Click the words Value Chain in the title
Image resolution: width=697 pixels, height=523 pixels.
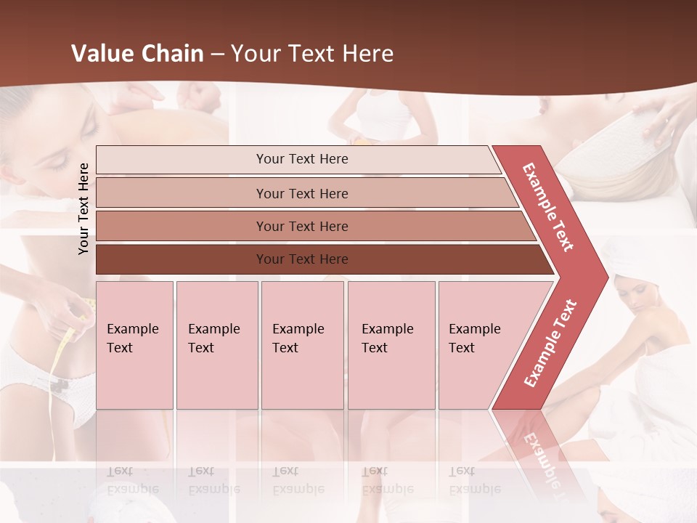(137, 54)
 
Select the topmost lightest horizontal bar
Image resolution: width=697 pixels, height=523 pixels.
(298, 160)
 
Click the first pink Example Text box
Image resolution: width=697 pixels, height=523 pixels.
(134, 345)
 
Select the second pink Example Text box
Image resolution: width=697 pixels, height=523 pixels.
(216, 345)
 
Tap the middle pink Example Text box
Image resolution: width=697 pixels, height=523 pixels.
(302, 345)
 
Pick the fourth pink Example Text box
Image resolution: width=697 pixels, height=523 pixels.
(391, 345)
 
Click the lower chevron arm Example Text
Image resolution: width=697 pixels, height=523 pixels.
(550, 343)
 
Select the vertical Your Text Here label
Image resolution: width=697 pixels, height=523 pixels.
(83, 208)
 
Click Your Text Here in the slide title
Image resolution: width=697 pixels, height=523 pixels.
(312, 54)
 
